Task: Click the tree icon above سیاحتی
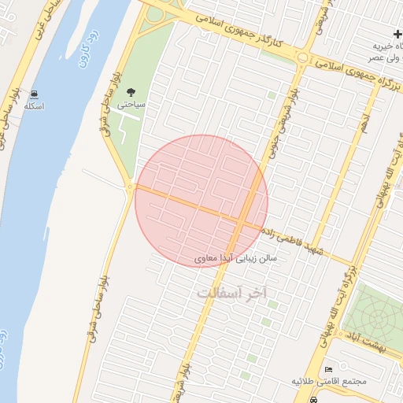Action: point(130,91)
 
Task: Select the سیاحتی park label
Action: point(130,103)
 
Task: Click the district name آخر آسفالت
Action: point(232,292)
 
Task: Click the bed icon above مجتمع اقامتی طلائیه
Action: point(328,369)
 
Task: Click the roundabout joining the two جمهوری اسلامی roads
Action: point(303,57)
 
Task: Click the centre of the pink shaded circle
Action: point(201,201)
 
